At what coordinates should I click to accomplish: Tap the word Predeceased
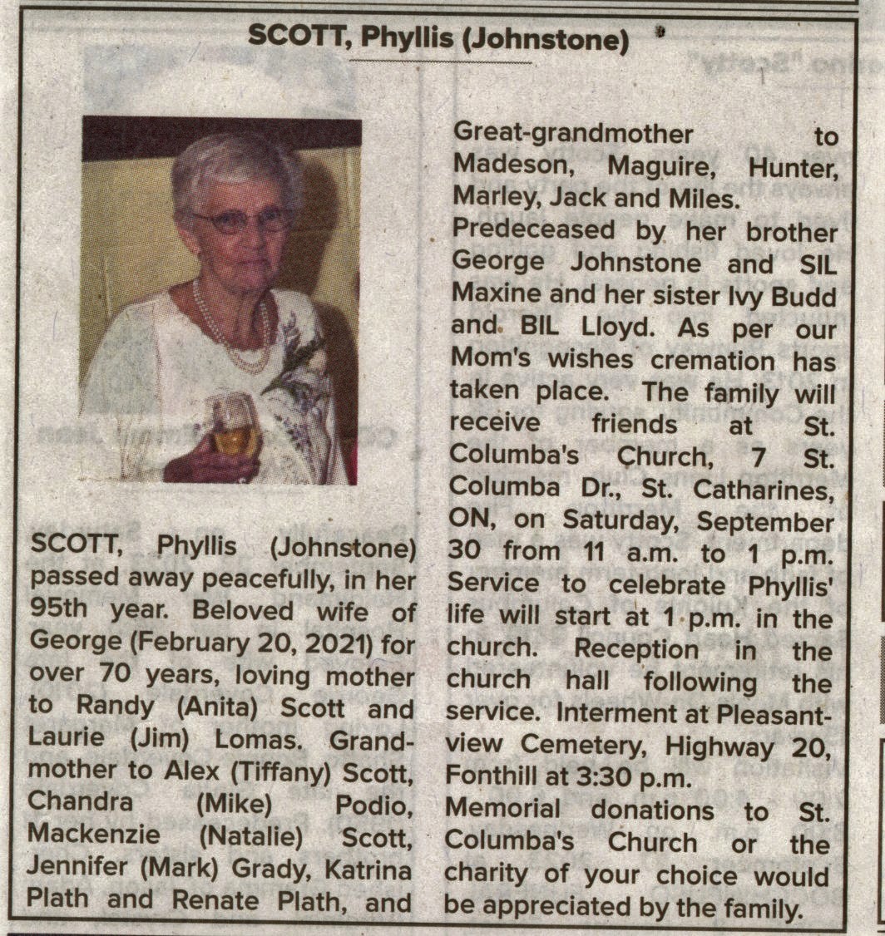532,230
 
